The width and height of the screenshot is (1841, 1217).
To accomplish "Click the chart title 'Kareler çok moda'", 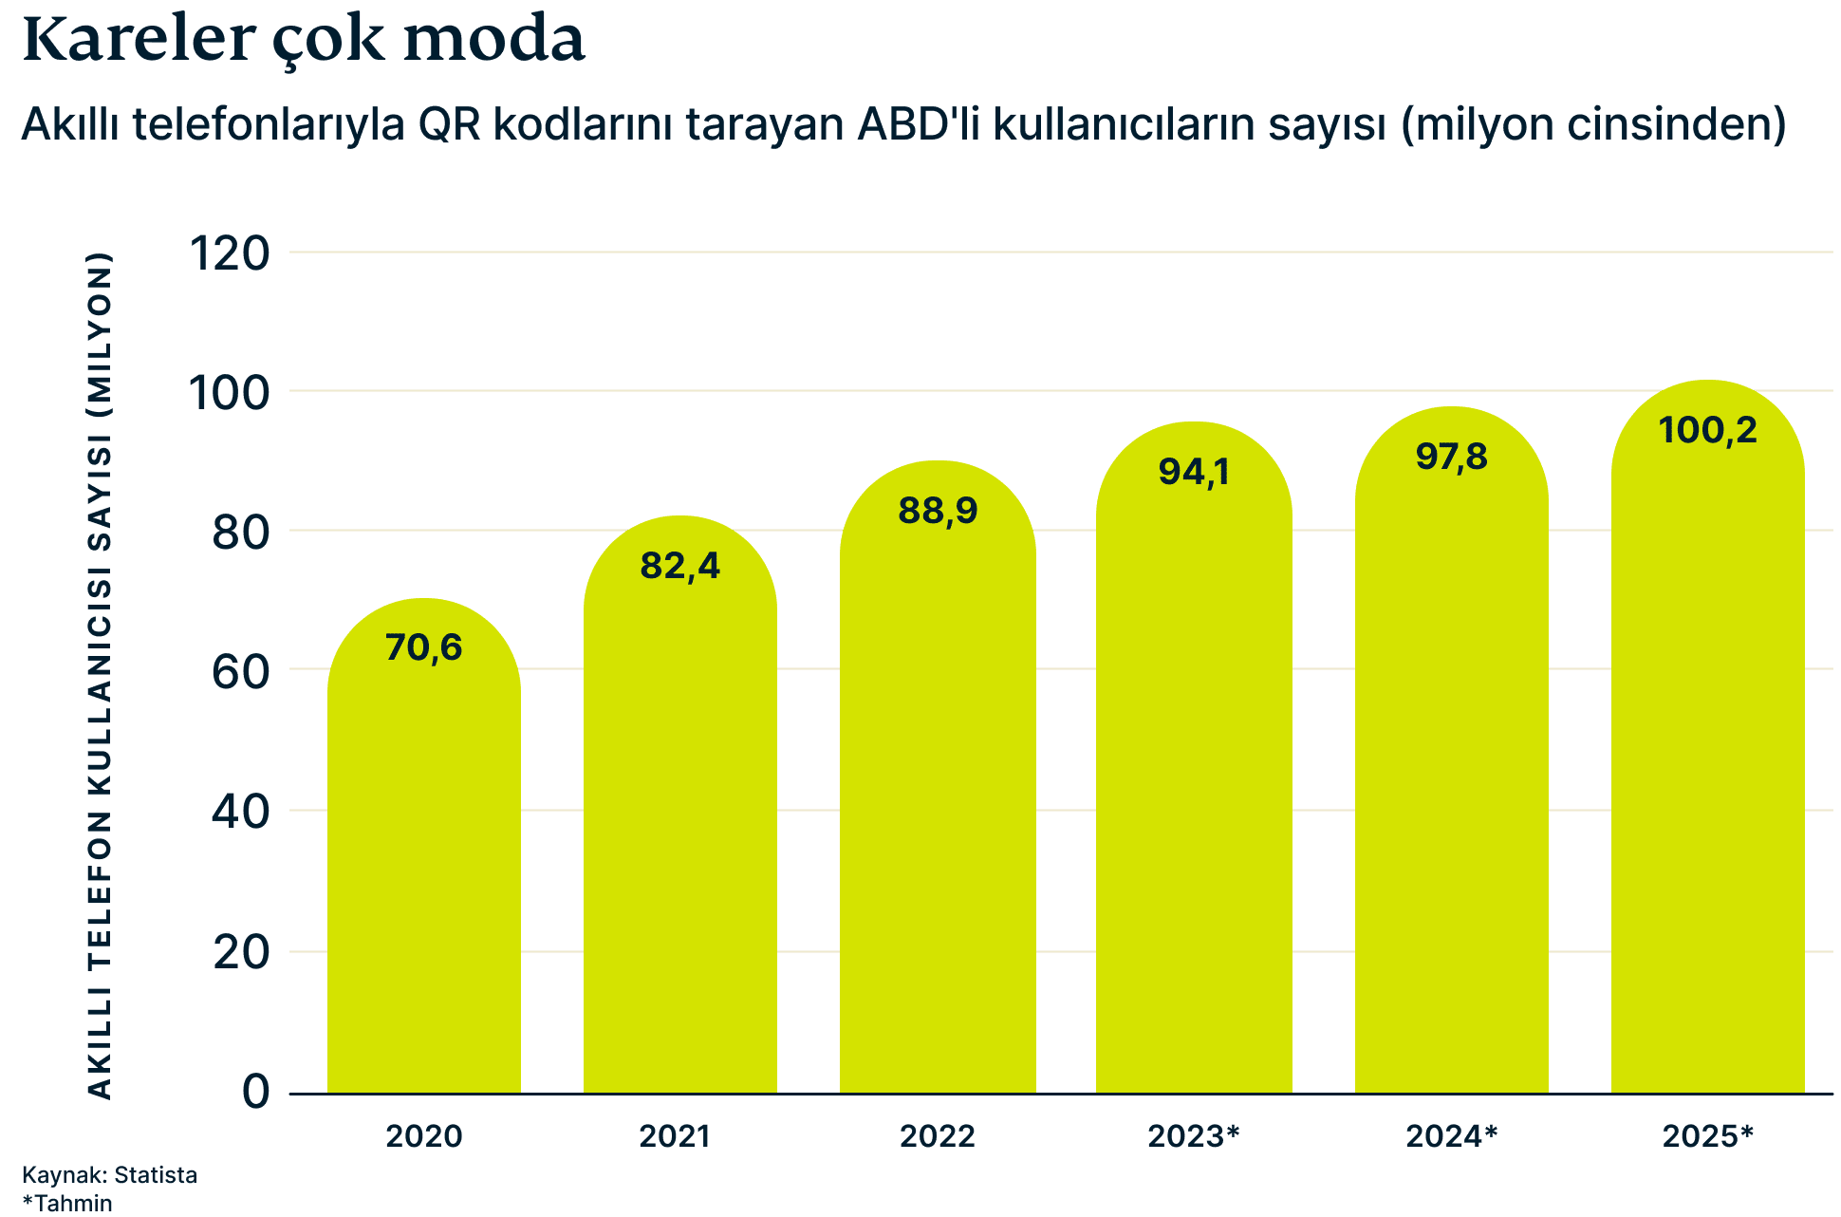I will tap(303, 40).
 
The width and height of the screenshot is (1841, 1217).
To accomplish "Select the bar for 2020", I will tap(424, 873).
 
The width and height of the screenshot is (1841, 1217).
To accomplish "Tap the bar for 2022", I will tap(938, 807).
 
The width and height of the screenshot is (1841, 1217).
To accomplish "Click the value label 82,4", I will tap(679, 566).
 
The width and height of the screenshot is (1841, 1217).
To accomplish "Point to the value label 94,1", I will tap(1194, 472).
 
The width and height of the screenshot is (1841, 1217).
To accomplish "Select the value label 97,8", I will tap(1451, 457).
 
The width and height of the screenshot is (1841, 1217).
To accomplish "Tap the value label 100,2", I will tap(1707, 430).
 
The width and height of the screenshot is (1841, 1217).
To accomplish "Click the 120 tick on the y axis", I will tap(231, 253).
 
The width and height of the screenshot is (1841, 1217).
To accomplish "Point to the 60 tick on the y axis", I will tap(240, 672).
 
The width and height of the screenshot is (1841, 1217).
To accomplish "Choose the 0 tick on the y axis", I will tap(255, 1092).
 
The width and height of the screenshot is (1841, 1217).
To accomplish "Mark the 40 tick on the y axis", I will tap(240, 812).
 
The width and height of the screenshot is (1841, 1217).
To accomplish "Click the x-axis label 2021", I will tap(674, 1136).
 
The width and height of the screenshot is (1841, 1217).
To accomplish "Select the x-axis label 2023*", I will tap(1193, 1136).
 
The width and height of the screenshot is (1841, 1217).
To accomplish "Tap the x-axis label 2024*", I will tap(1451, 1136).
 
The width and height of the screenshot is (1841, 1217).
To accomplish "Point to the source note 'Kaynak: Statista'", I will tap(109, 1175).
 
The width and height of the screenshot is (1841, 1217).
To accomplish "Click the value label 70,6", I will tap(423, 647).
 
